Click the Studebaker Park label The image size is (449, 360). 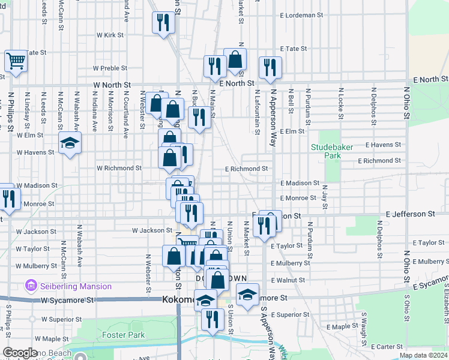(326, 151)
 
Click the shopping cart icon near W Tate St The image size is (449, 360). (16, 61)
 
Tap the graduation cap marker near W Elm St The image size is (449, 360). (70, 144)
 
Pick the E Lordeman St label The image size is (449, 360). (301, 14)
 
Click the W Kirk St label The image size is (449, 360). (110, 35)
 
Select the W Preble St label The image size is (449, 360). (109, 68)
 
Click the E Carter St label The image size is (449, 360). (387, 347)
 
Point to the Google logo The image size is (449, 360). (20, 353)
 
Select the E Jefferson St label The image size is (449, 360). (411, 214)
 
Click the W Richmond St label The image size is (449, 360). (119, 169)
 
